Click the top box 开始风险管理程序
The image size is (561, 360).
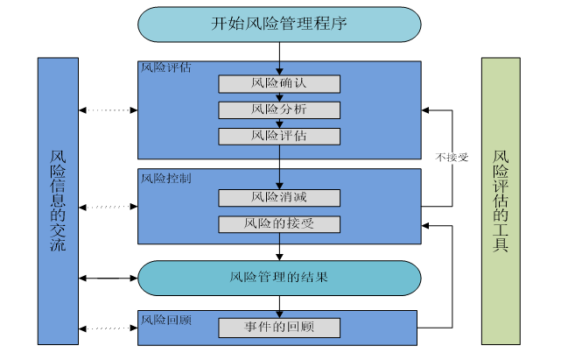(x=279, y=25)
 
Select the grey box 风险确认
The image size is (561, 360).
(x=279, y=84)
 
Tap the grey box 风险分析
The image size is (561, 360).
(x=279, y=110)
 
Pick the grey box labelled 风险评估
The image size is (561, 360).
(x=279, y=137)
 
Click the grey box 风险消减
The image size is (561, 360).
(x=279, y=198)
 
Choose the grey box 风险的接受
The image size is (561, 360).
(x=279, y=224)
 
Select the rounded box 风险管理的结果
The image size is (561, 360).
(x=279, y=278)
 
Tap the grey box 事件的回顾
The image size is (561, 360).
(x=279, y=328)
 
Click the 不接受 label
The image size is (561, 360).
(x=452, y=158)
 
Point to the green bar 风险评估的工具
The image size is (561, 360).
(x=501, y=201)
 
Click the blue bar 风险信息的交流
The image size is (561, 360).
(x=58, y=201)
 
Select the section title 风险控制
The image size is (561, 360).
(x=166, y=177)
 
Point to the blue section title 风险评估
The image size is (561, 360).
(x=166, y=67)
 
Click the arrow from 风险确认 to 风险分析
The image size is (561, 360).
(x=279, y=97)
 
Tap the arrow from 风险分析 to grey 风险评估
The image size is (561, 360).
(x=279, y=124)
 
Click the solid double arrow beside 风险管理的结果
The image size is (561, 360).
(x=108, y=278)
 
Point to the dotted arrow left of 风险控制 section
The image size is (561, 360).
(x=108, y=208)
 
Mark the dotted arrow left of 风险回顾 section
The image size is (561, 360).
(x=108, y=328)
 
